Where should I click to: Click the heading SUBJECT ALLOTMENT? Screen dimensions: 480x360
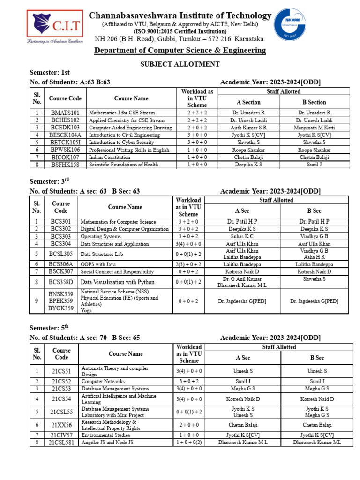coord(180,64)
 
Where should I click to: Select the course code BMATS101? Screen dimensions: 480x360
coord(65,112)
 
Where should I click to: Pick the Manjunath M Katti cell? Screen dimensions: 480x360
coord(314,127)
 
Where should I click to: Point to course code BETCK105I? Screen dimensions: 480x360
coord(65,142)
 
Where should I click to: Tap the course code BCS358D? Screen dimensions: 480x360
coord(61,282)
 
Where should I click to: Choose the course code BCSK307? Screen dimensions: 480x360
coord(61,271)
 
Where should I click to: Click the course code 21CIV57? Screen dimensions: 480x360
coord(61,435)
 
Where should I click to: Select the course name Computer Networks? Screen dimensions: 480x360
coord(103,381)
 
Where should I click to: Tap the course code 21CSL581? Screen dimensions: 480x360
coord(61,442)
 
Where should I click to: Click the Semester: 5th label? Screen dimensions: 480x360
coord(50,328)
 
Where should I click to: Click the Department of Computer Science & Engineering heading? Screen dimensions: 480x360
coord(180,50)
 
